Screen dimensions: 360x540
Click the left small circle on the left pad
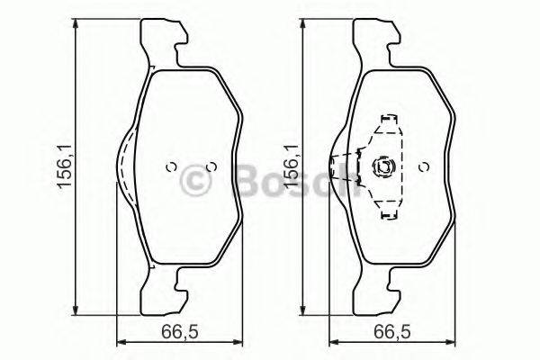169,166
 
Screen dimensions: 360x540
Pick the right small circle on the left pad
211,166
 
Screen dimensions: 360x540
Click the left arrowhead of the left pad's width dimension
121,342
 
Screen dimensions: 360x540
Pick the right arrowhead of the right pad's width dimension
448,342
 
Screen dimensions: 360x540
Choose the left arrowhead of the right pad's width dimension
331,342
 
